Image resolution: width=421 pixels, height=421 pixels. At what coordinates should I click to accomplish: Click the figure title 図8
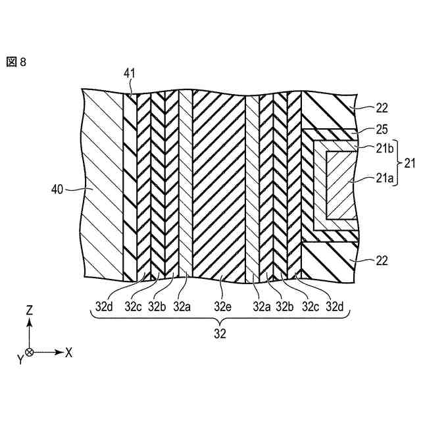click(16, 62)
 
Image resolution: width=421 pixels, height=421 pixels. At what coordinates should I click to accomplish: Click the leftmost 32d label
click(105, 306)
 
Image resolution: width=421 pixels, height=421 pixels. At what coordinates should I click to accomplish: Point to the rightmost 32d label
click(337, 306)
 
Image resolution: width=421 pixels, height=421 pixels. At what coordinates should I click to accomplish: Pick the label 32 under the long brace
click(220, 334)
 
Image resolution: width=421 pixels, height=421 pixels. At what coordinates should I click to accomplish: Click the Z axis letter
click(29, 308)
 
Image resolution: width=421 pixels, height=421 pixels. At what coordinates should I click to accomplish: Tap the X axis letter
click(68, 352)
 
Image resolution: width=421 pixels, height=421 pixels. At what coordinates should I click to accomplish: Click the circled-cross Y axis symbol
click(29, 352)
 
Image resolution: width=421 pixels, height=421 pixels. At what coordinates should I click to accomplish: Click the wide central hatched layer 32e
click(218, 184)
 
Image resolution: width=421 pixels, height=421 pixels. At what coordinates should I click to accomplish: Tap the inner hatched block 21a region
click(342, 184)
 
